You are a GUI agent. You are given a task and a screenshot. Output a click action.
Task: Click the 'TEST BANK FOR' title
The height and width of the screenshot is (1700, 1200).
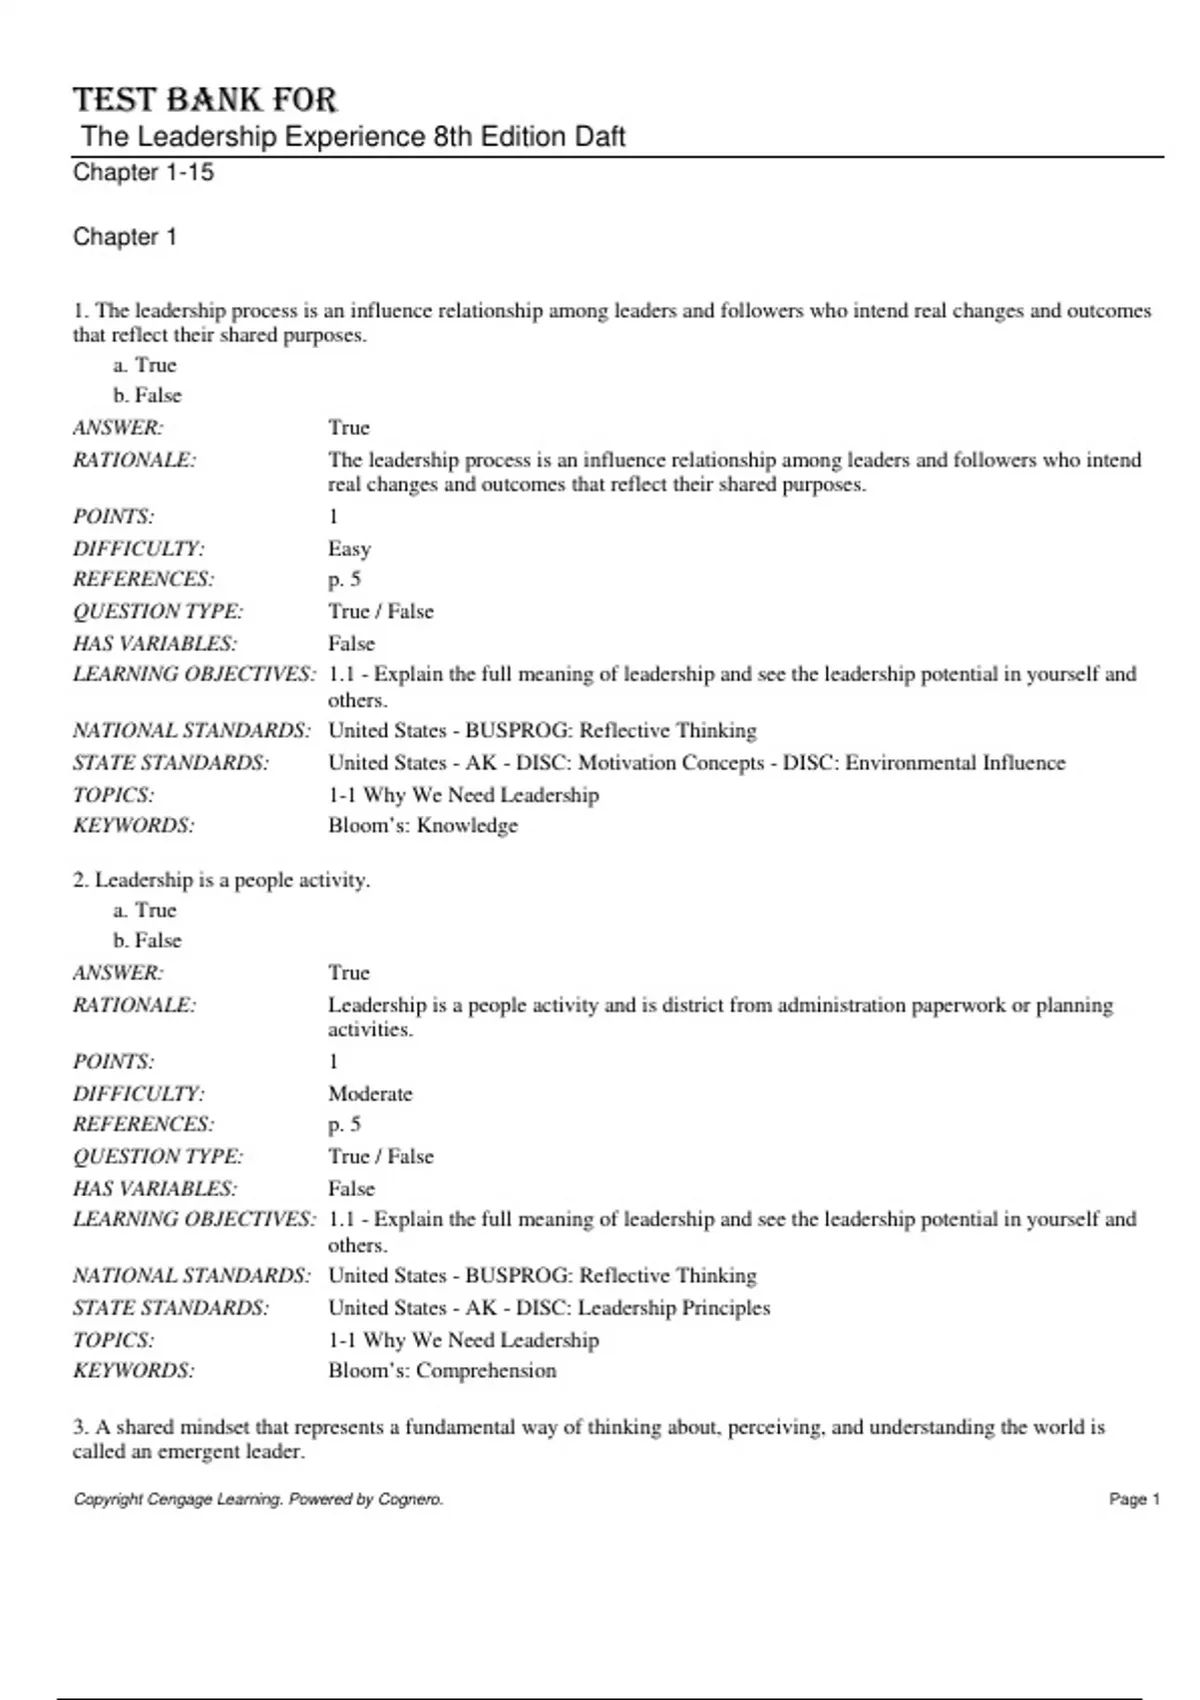pyautogui.click(x=205, y=100)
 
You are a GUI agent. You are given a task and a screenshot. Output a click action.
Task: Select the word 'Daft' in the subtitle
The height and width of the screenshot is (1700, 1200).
pyautogui.click(x=600, y=136)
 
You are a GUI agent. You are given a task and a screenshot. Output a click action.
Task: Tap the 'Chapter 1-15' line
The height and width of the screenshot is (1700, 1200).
pyautogui.click(x=143, y=172)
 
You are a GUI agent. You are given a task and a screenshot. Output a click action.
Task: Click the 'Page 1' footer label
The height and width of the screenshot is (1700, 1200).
pyautogui.click(x=1134, y=1499)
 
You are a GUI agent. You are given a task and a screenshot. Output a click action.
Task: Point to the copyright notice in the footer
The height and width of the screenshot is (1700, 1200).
pyautogui.click(x=258, y=1499)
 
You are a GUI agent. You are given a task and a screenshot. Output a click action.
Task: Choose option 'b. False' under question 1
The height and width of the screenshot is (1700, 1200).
pyautogui.click(x=147, y=395)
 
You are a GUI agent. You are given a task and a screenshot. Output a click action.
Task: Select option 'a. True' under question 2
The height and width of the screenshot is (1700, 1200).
pyautogui.click(x=144, y=910)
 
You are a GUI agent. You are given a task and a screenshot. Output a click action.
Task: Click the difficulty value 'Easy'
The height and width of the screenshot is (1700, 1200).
pyautogui.click(x=349, y=548)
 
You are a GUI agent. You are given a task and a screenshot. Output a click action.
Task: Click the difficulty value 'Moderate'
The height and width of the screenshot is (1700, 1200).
pyautogui.click(x=370, y=1093)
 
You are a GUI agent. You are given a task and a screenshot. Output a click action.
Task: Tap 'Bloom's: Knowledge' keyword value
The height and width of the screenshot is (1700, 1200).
pyautogui.click(x=423, y=825)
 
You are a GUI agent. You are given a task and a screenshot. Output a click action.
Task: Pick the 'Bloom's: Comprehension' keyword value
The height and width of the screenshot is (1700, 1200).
pyautogui.click(x=442, y=1370)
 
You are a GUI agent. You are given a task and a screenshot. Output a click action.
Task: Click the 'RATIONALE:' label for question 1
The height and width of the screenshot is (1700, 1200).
pyautogui.click(x=134, y=460)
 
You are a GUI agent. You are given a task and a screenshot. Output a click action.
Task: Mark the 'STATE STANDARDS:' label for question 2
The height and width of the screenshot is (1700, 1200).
pyautogui.click(x=170, y=1307)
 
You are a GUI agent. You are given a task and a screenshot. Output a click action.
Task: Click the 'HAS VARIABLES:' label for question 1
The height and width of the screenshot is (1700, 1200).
pyautogui.click(x=154, y=643)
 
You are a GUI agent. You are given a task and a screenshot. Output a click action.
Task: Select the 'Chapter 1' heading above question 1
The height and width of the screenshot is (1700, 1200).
pyautogui.click(x=125, y=237)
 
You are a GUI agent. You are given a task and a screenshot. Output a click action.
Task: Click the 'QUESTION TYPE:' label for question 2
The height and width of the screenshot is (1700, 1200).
pyautogui.click(x=157, y=1156)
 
